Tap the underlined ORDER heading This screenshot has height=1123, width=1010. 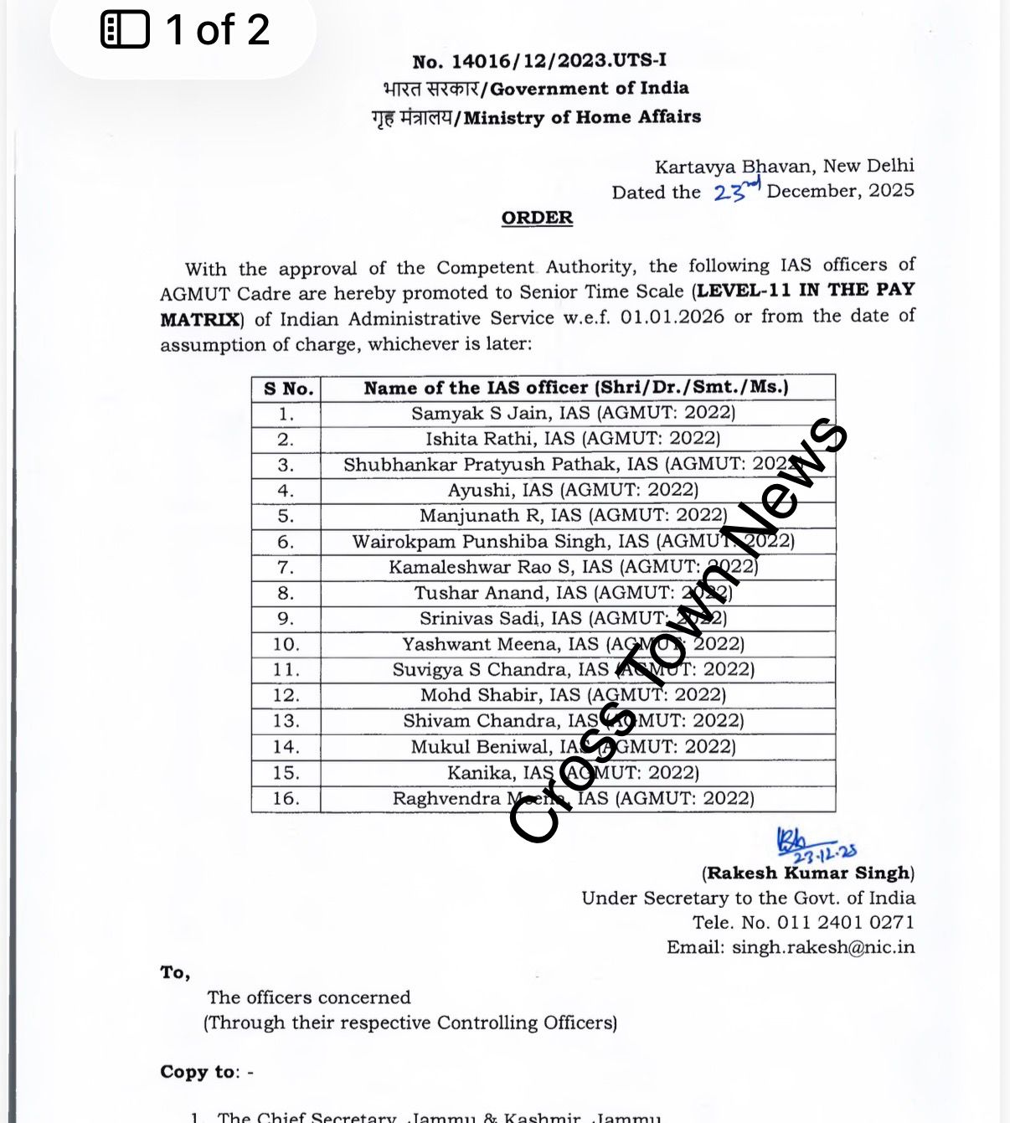pyautogui.click(x=537, y=218)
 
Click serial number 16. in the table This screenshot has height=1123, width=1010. pyautogui.click(x=286, y=799)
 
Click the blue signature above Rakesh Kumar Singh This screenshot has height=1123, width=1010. pyautogui.click(x=812, y=843)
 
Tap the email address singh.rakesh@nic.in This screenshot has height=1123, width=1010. pyautogui.click(x=823, y=947)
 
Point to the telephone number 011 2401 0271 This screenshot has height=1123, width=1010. pyautogui.click(x=846, y=922)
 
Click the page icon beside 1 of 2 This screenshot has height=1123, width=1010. pyautogui.click(x=125, y=30)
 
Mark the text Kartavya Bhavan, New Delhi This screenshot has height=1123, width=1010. pyautogui.click(x=784, y=166)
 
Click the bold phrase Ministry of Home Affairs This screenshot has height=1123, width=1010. pyautogui.click(x=582, y=117)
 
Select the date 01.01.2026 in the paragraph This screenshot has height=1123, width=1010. pyautogui.click(x=672, y=317)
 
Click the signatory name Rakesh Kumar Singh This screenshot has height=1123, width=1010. pyautogui.click(x=808, y=873)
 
